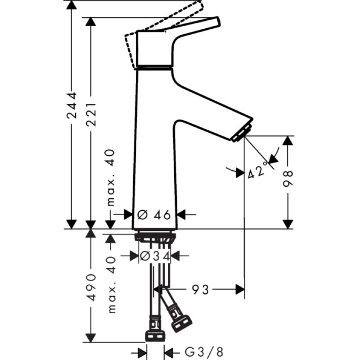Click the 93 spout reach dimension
201,289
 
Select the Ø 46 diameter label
154,215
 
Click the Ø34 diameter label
154,256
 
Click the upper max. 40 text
112,177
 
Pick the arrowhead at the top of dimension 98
288,140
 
